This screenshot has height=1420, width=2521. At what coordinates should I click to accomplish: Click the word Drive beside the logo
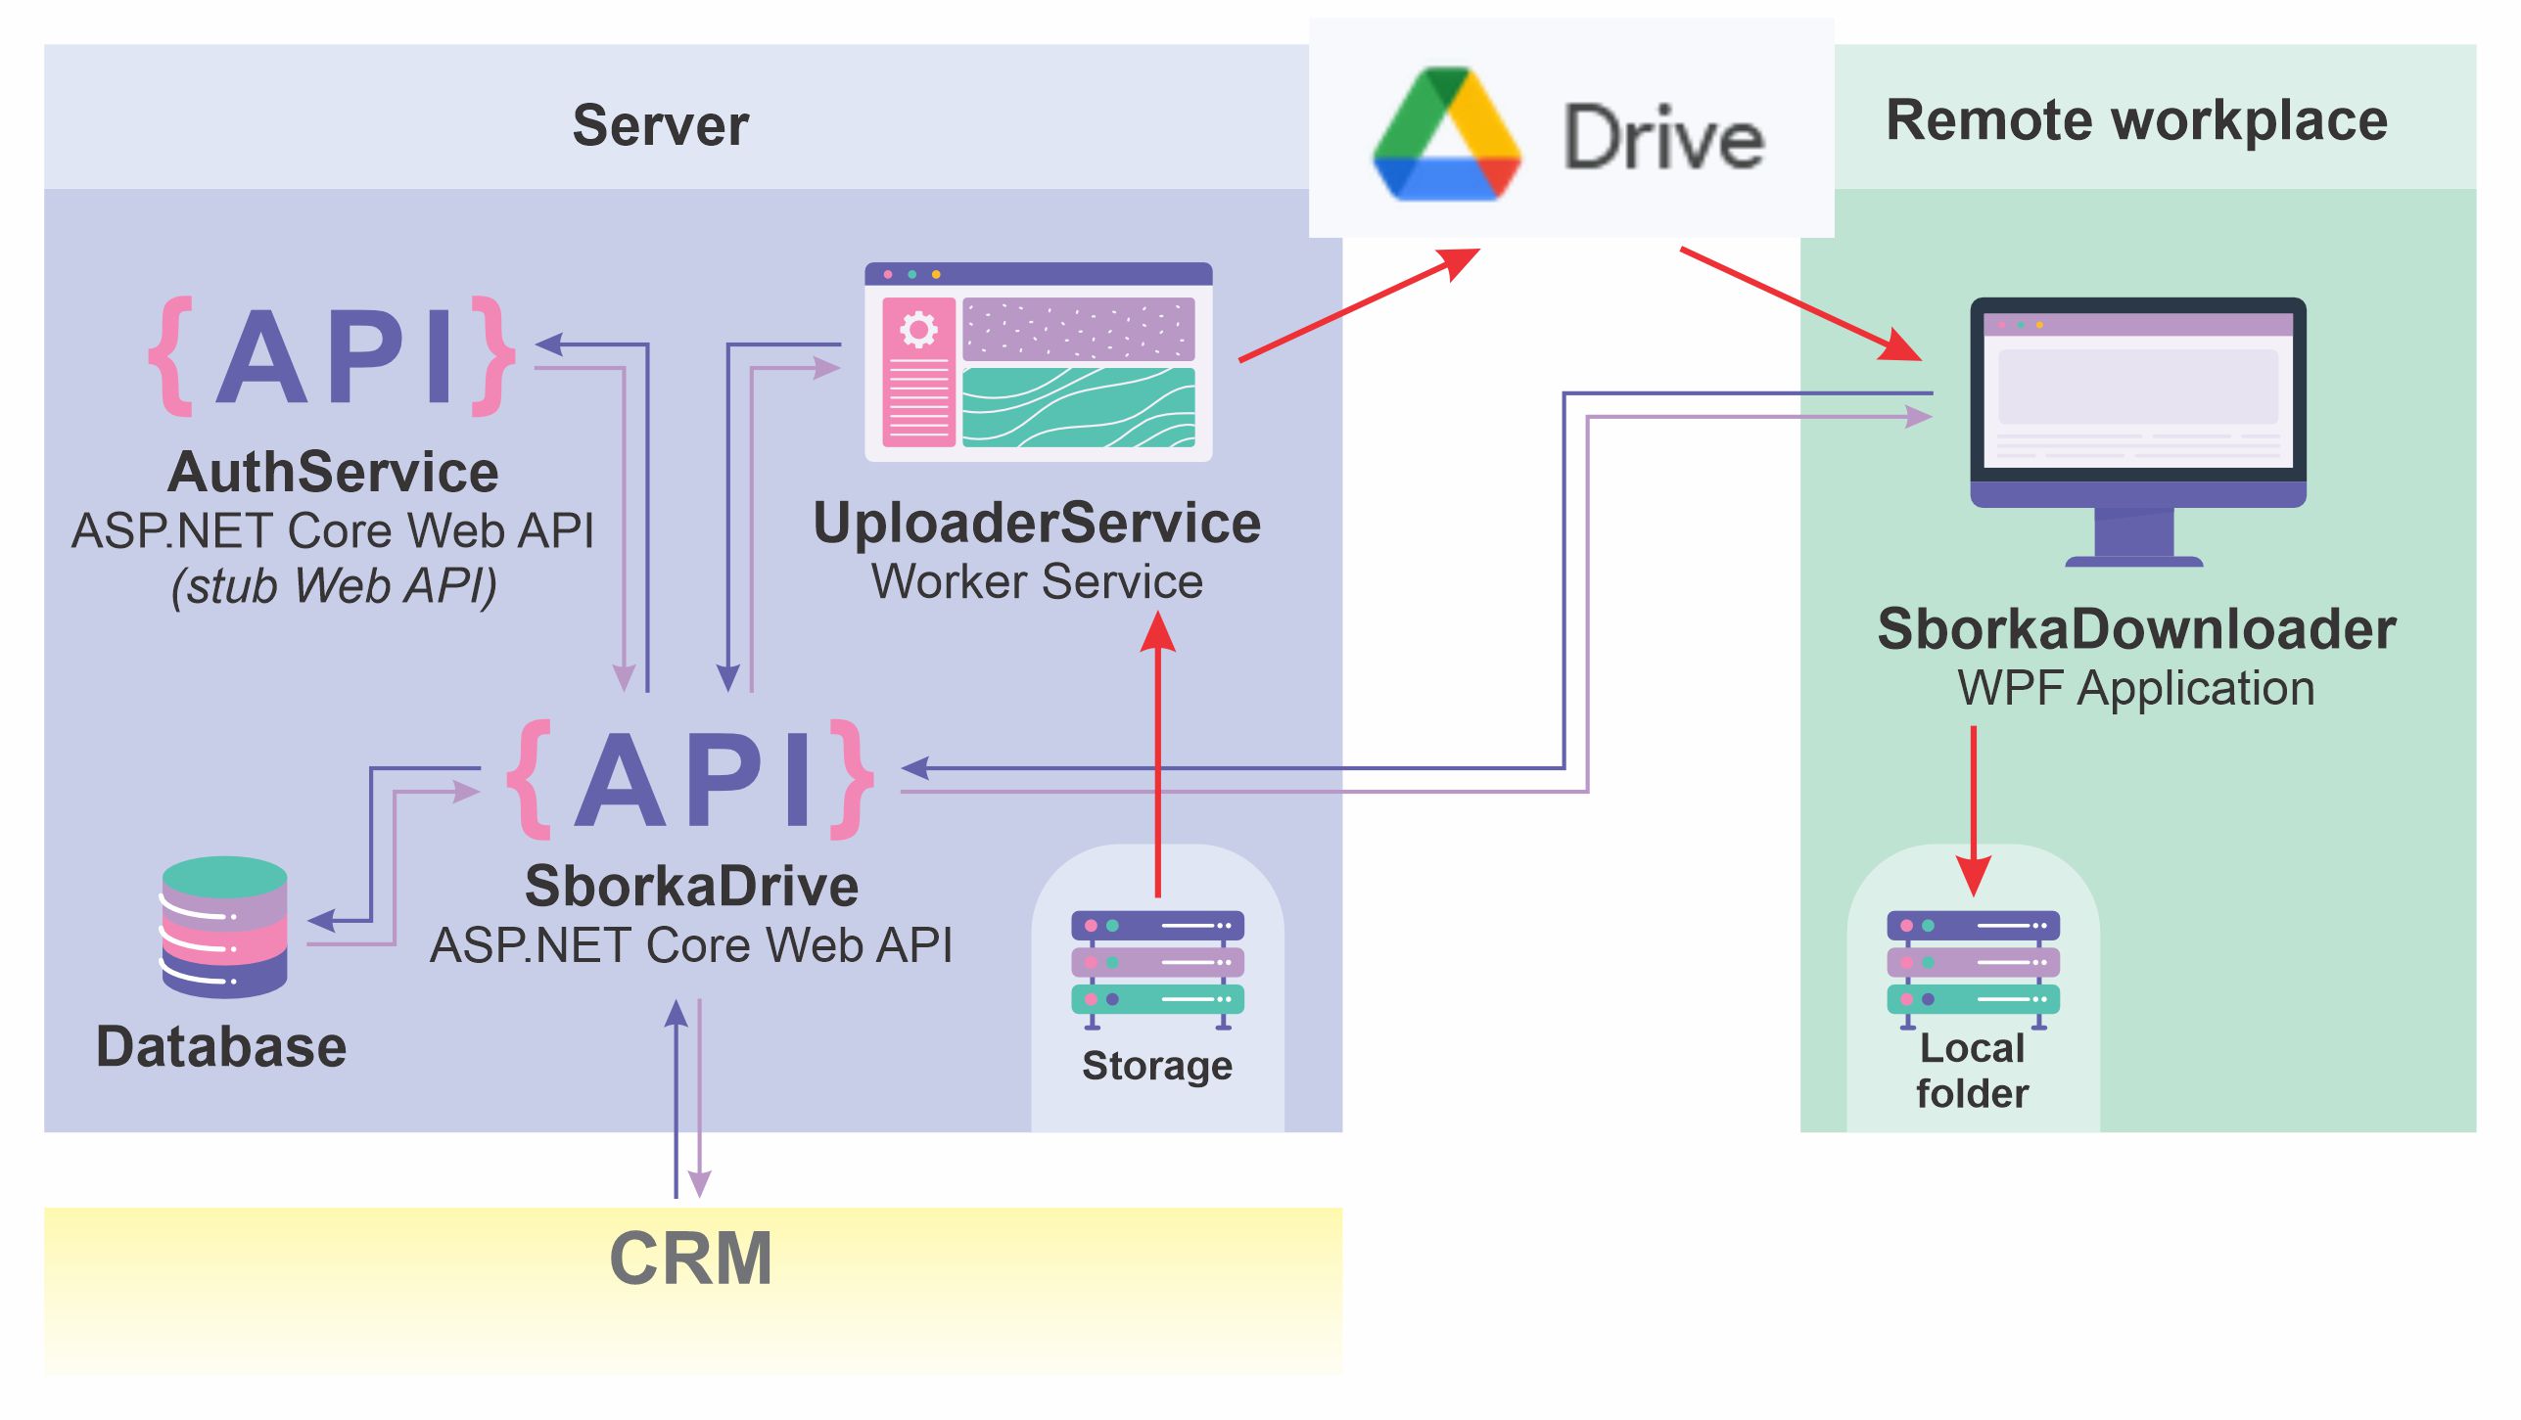[x=1663, y=138]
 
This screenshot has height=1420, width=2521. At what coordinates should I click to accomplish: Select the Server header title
[x=661, y=125]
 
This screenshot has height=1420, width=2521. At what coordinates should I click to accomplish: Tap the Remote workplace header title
[x=2136, y=120]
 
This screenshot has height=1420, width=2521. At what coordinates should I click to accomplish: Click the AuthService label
[x=333, y=473]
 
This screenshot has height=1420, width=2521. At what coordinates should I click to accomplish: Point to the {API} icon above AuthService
[x=333, y=356]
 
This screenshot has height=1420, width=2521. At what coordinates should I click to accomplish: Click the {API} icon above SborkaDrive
[x=690, y=780]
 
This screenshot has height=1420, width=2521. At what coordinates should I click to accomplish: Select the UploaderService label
[x=1037, y=524]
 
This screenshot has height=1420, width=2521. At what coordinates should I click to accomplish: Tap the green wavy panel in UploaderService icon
[x=1078, y=407]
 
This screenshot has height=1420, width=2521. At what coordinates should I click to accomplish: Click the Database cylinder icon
[x=224, y=927]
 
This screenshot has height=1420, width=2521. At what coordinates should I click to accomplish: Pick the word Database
[x=221, y=1047]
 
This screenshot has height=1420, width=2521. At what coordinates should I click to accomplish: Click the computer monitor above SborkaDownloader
[x=2137, y=411]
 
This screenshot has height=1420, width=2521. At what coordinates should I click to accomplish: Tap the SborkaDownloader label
[x=2136, y=629]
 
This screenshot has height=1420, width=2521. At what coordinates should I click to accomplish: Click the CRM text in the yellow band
[x=691, y=1260]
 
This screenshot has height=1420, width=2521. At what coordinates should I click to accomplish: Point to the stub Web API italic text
[x=334, y=586]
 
